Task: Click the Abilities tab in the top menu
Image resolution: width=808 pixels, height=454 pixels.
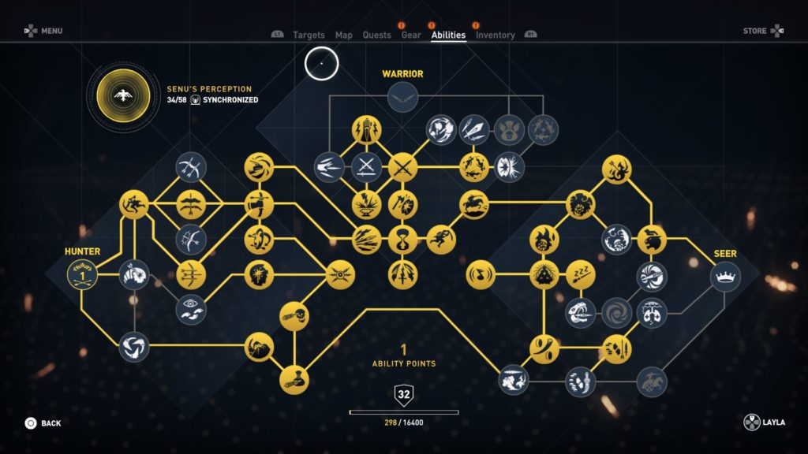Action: [x=448, y=35]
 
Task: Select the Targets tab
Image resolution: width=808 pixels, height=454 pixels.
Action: [x=309, y=35]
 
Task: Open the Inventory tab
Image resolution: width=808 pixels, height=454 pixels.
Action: [x=496, y=35]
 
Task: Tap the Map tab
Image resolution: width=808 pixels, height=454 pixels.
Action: [x=344, y=35]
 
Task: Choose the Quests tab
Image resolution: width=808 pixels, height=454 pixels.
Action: [x=376, y=35]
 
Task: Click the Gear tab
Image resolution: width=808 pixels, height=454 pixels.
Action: [x=411, y=35]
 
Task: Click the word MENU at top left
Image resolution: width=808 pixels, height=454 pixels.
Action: [x=51, y=31]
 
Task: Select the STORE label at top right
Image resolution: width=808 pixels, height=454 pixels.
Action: [x=754, y=31]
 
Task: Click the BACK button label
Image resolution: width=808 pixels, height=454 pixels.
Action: [x=51, y=423]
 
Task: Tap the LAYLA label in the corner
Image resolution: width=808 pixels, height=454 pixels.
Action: [x=774, y=422]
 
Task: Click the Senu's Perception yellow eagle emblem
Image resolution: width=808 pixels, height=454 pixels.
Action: [x=123, y=95]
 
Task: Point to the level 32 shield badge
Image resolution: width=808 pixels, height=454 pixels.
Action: [x=403, y=395]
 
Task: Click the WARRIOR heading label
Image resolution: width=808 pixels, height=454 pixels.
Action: [x=402, y=74]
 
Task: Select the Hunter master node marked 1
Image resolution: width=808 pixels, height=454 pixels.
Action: [x=82, y=275]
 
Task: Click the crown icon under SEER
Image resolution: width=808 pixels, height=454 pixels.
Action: [x=725, y=277]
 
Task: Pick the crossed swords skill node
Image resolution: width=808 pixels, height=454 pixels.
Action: [x=402, y=167]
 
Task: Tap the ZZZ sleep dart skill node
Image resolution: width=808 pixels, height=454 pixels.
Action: [x=581, y=275]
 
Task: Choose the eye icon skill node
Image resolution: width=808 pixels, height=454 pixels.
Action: [x=191, y=309]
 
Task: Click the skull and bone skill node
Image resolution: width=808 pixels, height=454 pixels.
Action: [x=294, y=316]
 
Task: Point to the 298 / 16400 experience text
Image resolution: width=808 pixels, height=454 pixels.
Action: [x=403, y=422]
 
